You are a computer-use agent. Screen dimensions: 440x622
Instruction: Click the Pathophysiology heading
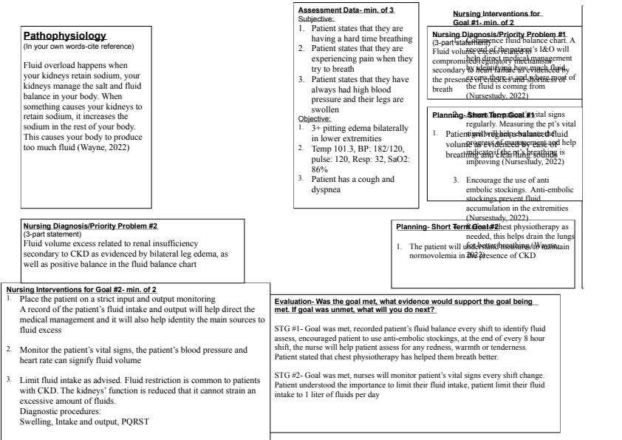(65, 36)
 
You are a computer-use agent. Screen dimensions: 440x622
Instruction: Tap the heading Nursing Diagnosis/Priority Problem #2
(90, 226)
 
